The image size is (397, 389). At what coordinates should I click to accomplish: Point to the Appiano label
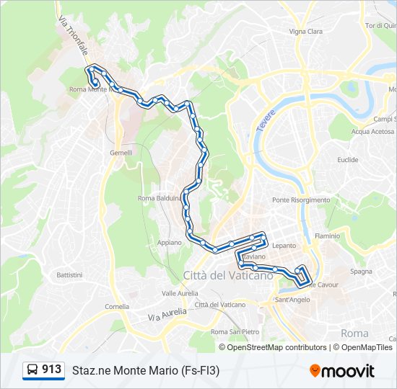click(170, 243)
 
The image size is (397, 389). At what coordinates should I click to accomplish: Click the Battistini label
click(70, 275)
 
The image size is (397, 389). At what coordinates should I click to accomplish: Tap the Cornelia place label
click(117, 306)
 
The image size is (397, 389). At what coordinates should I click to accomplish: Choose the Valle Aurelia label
click(180, 293)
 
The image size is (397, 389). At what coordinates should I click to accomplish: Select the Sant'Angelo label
click(293, 300)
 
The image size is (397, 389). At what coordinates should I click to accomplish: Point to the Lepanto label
click(284, 246)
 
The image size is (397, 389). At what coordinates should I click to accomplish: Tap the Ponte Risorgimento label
click(301, 200)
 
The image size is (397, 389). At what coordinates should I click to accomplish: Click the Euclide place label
click(347, 160)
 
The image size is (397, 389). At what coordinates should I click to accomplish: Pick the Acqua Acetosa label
click(371, 132)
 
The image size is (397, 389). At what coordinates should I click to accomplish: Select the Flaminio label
click(327, 236)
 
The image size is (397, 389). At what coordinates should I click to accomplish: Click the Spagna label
click(361, 272)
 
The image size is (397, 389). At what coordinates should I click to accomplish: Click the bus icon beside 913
click(32, 370)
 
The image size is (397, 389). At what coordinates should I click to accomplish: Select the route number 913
click(52, 370)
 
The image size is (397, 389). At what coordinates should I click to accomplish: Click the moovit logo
click(342, 371)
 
